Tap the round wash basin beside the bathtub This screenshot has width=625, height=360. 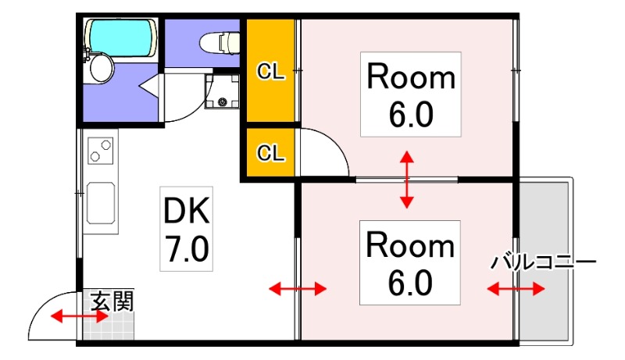pyautogui.click(x=101, y=67)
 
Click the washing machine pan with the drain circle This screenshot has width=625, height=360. pyautogui.click(x=222, y=92)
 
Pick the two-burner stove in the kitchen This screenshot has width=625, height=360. pyautogui.click(x=101, y=150)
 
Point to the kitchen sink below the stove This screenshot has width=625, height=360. pyautogui.click(x=101, y=202)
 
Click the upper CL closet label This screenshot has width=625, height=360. pyautogui.click(x=270, y=72)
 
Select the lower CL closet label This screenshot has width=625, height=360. pyautogui.click(x=270, y=153)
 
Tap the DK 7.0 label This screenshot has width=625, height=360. pyautogui.click(x=186, y=228)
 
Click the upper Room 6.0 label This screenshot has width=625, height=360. pyautogui.click(x=410, y=94)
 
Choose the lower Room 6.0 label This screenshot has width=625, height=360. pyautogui.click(x=410, y=262)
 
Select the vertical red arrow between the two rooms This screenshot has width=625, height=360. pyautogui.click(x=407, y=180)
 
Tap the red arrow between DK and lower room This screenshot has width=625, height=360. pyautogui.click(x=298, y=290)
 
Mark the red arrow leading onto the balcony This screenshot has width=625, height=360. pyautogui.click(x=516, y=290)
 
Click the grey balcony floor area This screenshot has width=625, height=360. pyautogui.click(x=546, y=219)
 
